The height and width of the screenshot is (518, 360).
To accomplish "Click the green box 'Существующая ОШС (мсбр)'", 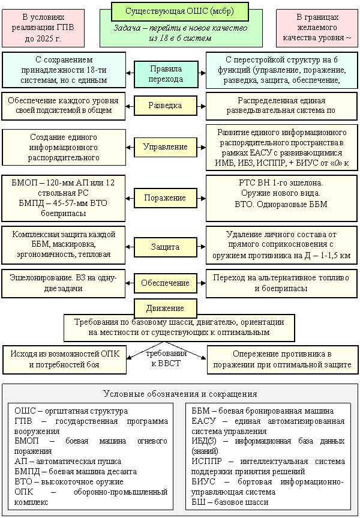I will pos(179,11).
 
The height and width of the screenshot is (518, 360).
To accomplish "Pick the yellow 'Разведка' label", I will pos(165,106).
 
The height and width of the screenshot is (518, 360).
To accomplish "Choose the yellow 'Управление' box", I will pos(165,146).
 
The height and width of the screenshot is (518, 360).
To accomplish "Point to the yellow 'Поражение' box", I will pos(165,197).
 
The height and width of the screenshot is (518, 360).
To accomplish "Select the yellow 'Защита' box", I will pos(165,247).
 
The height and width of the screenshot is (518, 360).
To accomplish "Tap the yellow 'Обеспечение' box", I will pos(165,282).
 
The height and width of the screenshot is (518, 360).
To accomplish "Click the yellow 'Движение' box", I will pos(165,308).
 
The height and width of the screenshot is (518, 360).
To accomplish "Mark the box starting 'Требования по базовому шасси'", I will pos(179,327).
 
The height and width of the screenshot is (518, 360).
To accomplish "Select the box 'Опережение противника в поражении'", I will pos(282,359).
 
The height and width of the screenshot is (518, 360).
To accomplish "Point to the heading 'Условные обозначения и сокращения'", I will pos(180,394).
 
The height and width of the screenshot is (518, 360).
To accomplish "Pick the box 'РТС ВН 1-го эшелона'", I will pos(281,193).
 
